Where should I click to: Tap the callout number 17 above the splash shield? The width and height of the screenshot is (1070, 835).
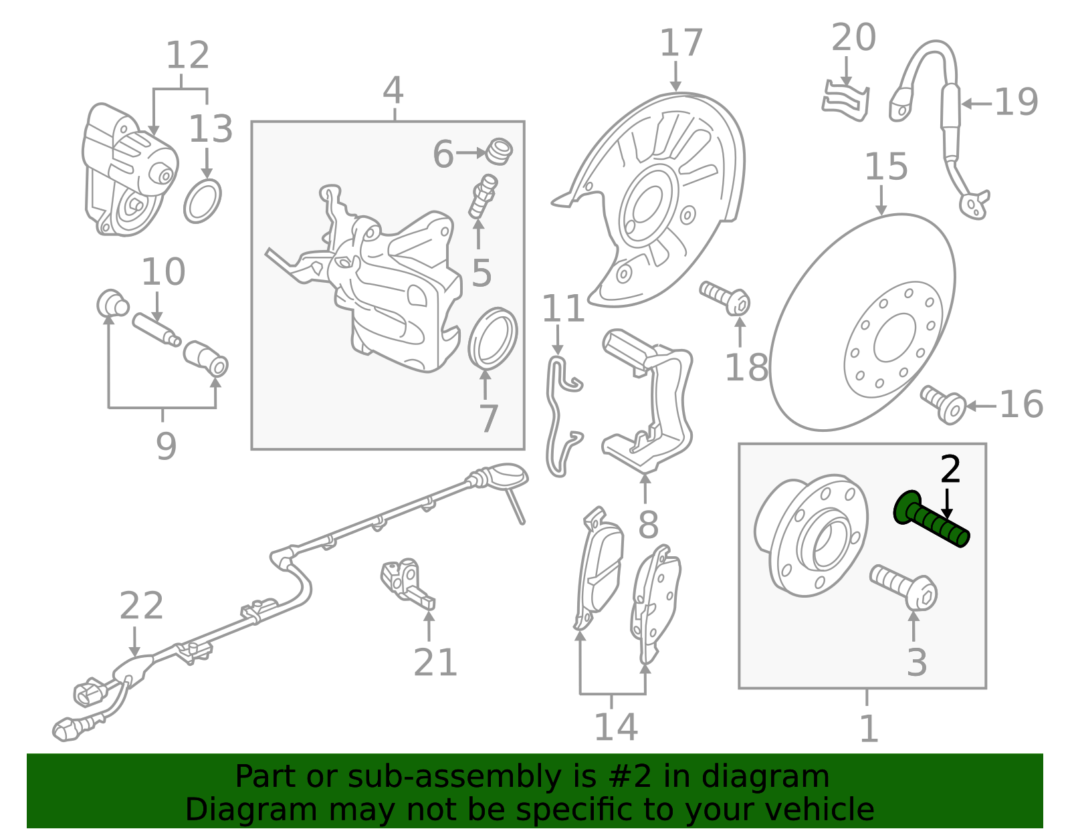pyautogui.click(x=681, y=43)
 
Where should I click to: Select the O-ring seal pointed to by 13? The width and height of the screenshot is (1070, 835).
pyautogui.click(x=203, y=201)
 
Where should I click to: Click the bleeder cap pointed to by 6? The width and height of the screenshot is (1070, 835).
pyautogui.click(x=499, y=152)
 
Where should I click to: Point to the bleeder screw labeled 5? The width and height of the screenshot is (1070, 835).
pyautogui.click(x=483, y=195)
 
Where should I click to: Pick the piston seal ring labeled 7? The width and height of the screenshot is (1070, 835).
pyautogui.click(x=492, y=338)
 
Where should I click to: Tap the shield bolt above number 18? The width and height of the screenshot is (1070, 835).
pyautogui.click(x=726, y=298)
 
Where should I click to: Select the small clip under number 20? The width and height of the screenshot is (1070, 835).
pyautogui.click(x=845, y=102)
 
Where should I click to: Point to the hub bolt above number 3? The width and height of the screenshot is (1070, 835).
pyautogui.click(x=904, y=588)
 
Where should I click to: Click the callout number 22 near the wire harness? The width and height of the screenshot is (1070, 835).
pyautogui.click(x=141, y=606)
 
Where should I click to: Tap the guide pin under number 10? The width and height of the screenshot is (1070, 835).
pyautogui.click(x=156, y=330)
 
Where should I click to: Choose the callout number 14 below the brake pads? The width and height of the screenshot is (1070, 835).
pyautogui.click(x=616, y=727)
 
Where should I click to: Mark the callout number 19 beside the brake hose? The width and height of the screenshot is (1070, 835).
pyautogui.click(x=1016, y=102)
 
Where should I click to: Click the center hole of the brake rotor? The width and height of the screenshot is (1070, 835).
pyautogui.click(x=895, y=338)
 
